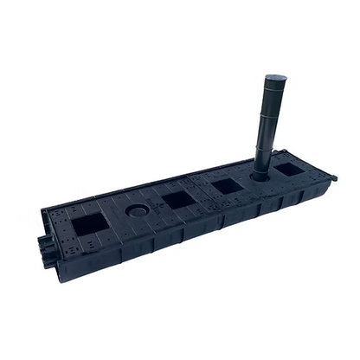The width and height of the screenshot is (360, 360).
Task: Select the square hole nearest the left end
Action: coord(90,225)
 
